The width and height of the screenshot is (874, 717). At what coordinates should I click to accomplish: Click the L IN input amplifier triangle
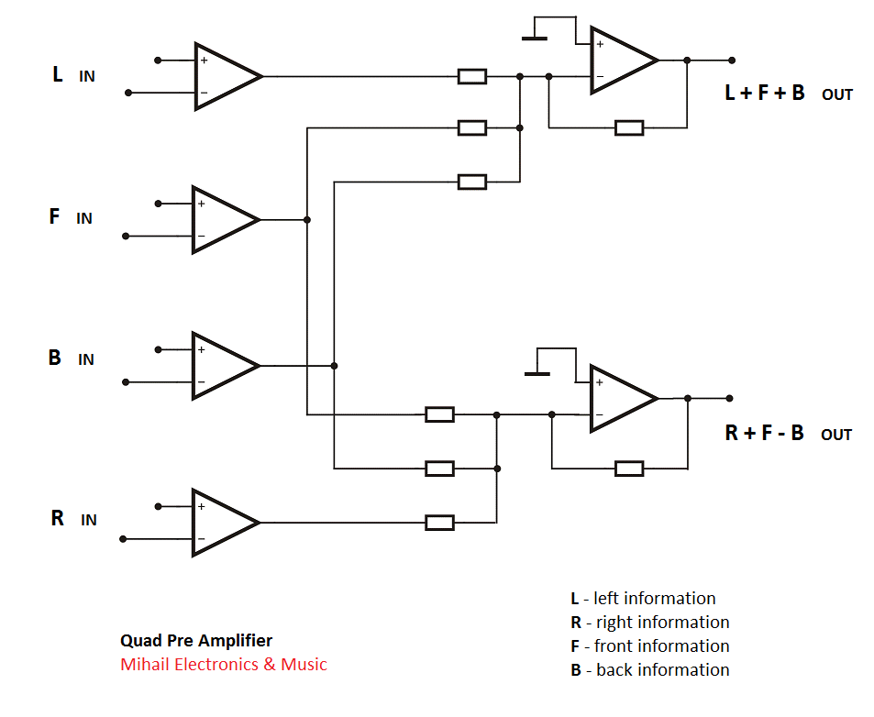coord(224,76)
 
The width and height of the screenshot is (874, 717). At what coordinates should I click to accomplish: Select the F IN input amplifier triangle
coord(221,219)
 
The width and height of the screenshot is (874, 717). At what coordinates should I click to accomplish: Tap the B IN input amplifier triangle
coord(221,365)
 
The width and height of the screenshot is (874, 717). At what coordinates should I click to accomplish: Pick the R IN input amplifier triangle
coord(221,523)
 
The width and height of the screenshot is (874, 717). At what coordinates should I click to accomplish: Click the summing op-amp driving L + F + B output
coord(620,61)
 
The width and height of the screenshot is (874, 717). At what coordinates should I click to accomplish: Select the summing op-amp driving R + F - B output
coord(620,398)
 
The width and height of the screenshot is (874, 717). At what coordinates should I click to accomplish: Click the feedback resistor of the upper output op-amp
coord(629,127)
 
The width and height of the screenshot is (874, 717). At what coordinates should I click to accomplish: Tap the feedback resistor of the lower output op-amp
coord(629,469)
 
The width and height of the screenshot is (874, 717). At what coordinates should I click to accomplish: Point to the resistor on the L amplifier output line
coord(472,76)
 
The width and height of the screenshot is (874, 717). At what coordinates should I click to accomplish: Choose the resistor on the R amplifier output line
coord(440,523)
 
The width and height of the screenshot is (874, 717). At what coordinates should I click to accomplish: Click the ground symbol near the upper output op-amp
coord(534,38)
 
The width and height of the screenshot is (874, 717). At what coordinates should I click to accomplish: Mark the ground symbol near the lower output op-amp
coord(537,372)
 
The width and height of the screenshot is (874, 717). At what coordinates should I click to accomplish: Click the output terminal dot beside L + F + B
coord(731,61)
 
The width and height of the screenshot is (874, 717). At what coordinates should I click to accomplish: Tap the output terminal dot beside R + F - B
coord(729,398)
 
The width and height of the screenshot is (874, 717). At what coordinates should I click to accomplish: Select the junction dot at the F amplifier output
coord(307,220)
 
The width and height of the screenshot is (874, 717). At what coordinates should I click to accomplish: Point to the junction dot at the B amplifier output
coord(334,366)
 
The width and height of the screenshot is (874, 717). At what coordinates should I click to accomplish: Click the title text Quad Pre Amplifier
coord(196,641)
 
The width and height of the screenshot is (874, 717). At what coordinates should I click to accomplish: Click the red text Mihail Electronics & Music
coord(223,665)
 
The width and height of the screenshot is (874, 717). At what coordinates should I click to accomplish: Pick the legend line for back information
coord(649,670)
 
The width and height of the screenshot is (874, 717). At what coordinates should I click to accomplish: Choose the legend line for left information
coord(643,599)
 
